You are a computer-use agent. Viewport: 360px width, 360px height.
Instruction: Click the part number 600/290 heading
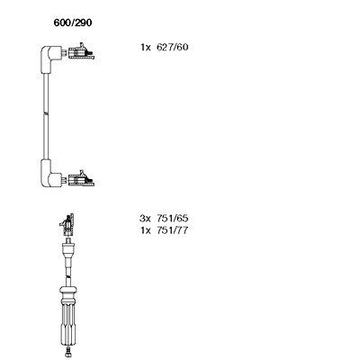point(73,22)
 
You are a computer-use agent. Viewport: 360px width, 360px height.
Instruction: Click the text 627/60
point(172,47)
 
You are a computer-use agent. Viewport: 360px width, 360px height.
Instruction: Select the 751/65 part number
point(172,218)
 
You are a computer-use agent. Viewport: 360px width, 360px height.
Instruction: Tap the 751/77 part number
point(172,230)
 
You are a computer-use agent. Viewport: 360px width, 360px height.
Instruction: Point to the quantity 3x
point(145,218)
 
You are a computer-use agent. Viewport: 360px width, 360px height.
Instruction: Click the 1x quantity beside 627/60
point(146,48)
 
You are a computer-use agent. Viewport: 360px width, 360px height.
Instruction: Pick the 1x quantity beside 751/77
point(146,230)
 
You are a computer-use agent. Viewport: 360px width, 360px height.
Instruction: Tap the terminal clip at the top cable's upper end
point(81,51)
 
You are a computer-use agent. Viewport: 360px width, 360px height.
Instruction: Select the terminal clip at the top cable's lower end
point(81,179)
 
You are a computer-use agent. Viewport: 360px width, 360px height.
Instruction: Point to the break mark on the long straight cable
point(46,113)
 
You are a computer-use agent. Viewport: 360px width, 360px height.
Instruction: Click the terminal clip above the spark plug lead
point(67,225)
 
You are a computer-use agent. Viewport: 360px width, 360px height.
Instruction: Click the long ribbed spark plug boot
point(68,324)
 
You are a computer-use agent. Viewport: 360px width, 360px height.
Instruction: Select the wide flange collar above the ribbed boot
point(68,290)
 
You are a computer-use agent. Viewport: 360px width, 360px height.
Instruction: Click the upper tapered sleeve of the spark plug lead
point(68,249)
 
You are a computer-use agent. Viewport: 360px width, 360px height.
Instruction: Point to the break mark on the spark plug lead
point(68,275)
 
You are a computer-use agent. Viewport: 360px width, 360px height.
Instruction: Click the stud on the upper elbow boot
point(64,52)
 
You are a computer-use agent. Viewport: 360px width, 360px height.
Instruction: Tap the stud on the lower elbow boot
point(64,179)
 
